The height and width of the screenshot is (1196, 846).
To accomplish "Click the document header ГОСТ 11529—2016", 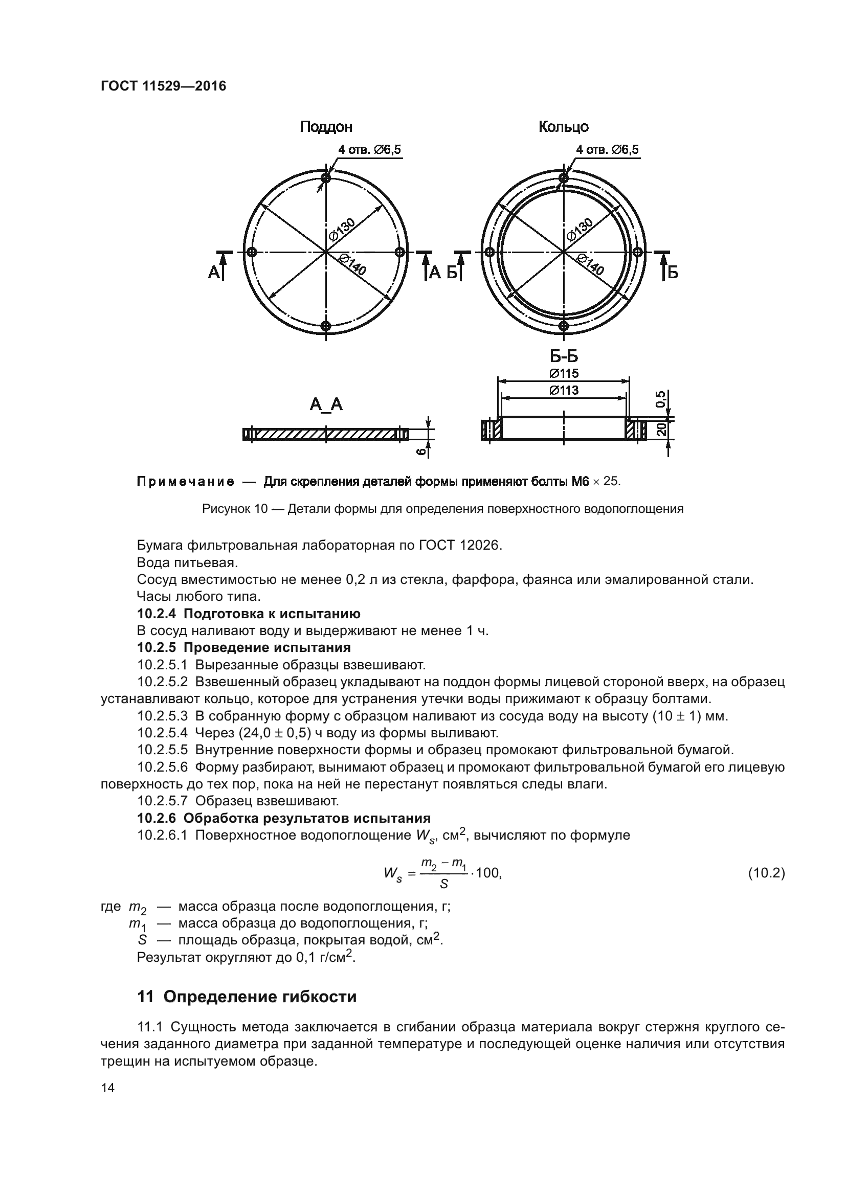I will pos(164,86).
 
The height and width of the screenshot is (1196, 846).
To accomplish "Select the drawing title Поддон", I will pos(326,127).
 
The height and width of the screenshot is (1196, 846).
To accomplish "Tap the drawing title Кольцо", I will pos(563,127).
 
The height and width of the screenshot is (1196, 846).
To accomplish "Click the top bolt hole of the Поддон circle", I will pos(326,178).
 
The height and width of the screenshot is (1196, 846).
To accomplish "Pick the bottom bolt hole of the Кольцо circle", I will pos(563,326).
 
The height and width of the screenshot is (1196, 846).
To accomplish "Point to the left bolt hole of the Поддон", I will pos(252,252).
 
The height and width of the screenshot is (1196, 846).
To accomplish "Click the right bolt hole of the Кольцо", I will pos(637,252).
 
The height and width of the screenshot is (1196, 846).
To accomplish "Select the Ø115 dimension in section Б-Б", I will pos(564,373).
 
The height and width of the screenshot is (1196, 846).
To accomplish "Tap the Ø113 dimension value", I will pos(564,390).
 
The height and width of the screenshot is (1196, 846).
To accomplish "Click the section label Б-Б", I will pos(564,357).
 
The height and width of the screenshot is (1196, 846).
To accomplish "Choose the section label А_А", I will pos(326,404).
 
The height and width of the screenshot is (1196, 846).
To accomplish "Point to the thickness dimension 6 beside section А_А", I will pos(420,452).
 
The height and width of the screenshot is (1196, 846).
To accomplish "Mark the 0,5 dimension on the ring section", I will pos(660,399).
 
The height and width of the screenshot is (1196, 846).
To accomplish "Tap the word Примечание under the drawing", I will pos(186,481).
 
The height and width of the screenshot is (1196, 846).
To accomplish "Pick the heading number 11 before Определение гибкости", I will pos(145,997).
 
